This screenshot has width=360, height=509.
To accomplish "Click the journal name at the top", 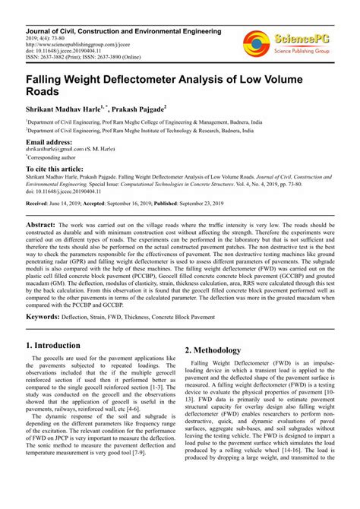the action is [x=119, y=31].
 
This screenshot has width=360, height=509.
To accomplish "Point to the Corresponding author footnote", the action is [x=55, y=157].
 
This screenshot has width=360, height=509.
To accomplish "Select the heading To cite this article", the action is [x=58, y=169].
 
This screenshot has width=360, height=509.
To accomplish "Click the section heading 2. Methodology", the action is [x=213, y=350].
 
